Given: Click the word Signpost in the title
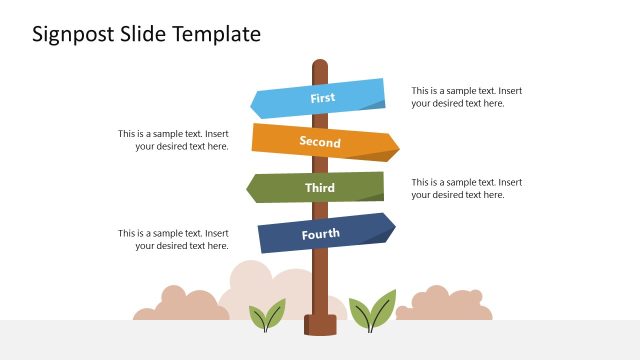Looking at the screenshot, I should [x=73, y=35].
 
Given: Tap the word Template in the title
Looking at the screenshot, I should [x=217, y=34].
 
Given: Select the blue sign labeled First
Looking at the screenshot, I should [x=320, y=98].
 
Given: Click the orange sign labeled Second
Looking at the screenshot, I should [x=320, y=142].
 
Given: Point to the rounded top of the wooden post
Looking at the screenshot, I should [x=320, y=65].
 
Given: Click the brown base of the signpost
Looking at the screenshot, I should [x=320, y=324].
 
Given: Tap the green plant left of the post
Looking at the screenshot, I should [x=267, y=316].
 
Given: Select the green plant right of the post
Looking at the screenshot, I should [x=372, y=312].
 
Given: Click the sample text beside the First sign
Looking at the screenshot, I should [x=466, y=97].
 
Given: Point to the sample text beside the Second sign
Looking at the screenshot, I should [x=173, y=140].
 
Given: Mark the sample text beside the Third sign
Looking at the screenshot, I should [x=466, y=188].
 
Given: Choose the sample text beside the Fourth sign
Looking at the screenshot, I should [x=173, y=239].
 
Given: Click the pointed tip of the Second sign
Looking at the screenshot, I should [x=396, y=148].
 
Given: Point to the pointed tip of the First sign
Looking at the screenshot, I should [x=254, y=102].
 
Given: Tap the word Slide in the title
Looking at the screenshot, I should [x=144, y=34].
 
